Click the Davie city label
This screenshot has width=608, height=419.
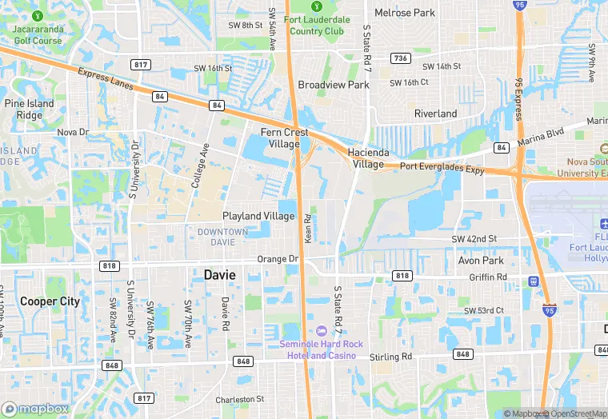pyautogui.click(x=220, y=274)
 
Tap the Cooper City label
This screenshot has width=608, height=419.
pyautogui.click(x=50, y=301)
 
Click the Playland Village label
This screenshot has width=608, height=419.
pyautogui.click(x=258, y=216)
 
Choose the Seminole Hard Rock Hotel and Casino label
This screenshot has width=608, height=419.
pyautogui.click(x=321, y=349)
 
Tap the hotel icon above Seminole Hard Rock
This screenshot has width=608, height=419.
pyautogui.click(x=321, y=331)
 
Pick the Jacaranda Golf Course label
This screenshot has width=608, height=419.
pyautogui.click(x=38, y=35)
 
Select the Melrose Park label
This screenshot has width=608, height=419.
pyautogui.click(x=405, y=13)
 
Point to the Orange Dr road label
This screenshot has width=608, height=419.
pyautogui.click(x=278, y=259)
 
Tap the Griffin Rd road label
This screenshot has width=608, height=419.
pyautogui.click(x=490, y=277)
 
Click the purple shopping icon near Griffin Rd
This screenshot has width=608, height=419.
pyautogui.click(x=534, y=281)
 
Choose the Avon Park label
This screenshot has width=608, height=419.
pyautogui.click(x=480, y=261)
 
